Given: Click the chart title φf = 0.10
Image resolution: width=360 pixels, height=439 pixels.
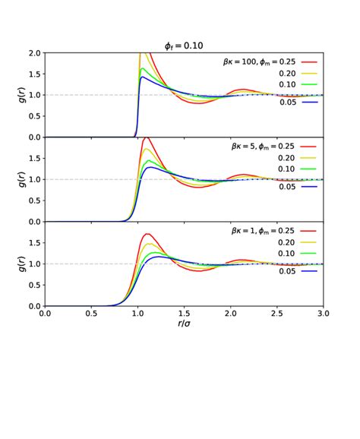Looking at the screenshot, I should pos(184,46).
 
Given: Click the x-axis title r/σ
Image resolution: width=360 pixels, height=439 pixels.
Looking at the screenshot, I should pos(184,324).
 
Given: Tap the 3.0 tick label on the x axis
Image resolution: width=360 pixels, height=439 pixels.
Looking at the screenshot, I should pos(323,313).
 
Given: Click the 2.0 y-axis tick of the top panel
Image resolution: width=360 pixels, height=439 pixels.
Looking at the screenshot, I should pos(34,53).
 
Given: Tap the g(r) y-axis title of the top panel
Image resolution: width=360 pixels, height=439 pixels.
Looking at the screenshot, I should pos(14,95).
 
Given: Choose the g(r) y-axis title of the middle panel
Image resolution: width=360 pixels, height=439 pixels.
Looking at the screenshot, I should pos(14,179).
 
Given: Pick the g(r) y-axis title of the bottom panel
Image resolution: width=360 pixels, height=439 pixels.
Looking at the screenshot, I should pos(14,264).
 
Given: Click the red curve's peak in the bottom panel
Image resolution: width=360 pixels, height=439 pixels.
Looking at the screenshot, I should pos(147,234).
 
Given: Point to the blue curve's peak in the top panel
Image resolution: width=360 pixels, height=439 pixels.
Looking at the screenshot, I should pos(142,77).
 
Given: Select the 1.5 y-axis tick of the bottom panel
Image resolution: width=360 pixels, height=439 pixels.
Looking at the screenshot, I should pos(34,243).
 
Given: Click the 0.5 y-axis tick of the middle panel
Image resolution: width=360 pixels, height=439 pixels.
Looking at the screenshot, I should pos(34,201).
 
